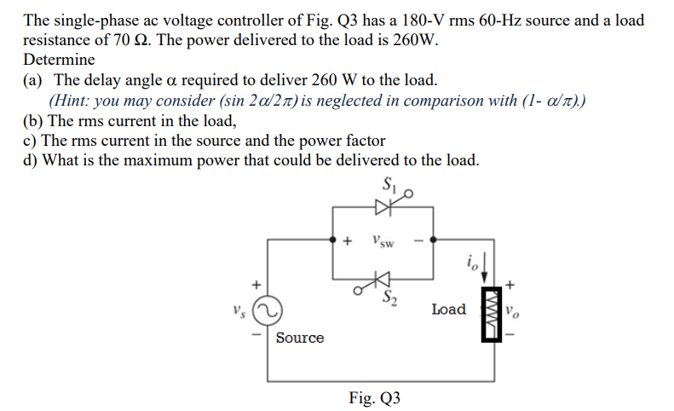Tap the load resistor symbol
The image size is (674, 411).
coord(492,311)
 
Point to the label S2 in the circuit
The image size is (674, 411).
coord(390,297)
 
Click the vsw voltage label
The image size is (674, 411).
coord(383,242)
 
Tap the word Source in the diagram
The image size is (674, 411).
coord(300,338)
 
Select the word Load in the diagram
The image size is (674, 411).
coord(449,309)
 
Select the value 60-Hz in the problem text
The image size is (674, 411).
coord(446,20)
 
